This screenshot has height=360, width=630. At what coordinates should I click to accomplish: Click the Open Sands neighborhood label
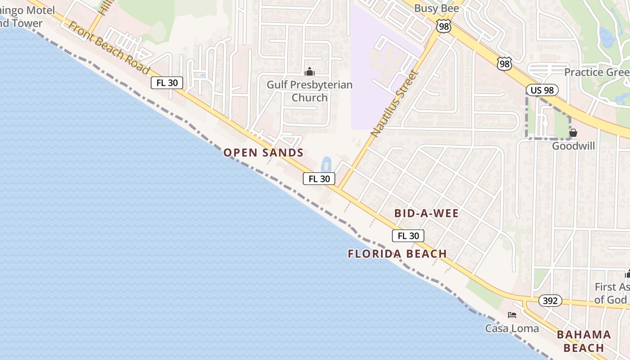264,153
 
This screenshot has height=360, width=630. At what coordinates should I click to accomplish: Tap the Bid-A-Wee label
427,213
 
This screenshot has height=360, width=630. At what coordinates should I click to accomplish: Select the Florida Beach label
397,254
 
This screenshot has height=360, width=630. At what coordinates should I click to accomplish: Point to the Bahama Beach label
584,341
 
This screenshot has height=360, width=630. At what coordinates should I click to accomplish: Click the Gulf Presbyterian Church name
310,91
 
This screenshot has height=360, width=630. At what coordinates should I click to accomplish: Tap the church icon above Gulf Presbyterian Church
309,72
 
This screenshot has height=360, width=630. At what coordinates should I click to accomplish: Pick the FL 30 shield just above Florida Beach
408,236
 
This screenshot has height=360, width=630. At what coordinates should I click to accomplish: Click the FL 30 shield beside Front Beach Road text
167,83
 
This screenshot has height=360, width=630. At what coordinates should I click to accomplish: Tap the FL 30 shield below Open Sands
319,179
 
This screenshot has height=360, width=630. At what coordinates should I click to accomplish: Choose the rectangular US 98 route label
542,90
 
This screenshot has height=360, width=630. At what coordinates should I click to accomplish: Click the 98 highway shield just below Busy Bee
444,27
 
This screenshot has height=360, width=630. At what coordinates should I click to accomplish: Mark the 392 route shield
550,301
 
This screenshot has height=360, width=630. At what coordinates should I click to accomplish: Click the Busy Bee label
436,8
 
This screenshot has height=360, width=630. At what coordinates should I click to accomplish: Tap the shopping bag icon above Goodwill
573,133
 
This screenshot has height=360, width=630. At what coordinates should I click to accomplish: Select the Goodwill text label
573,146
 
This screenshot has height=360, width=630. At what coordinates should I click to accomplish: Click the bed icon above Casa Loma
512,315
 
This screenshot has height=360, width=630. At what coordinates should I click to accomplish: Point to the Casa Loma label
512,328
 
